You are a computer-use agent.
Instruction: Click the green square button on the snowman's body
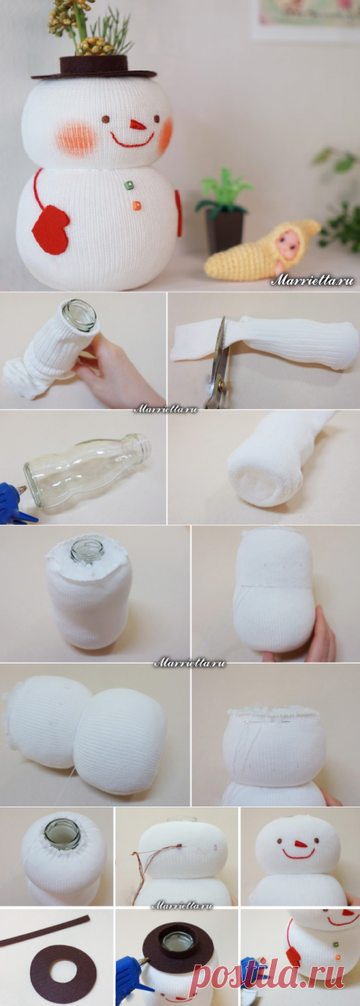pyautogui.click(x=130, y=185)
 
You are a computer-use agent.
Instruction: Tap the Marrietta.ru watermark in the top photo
pyautogui.click(x=312, y=281)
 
